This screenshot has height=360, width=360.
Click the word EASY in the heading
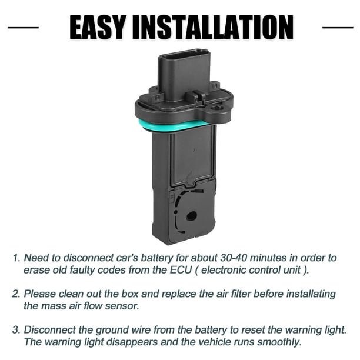[98, 27]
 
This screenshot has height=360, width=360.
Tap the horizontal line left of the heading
[23, 28]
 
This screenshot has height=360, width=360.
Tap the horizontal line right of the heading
[338, 28]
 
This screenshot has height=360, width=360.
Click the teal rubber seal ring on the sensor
[175, 125]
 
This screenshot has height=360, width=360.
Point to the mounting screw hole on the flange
[215, 108]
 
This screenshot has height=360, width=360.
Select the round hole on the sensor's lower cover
[191, 216]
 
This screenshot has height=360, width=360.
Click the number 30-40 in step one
[234, 258]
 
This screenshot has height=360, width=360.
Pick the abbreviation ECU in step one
[181, 270]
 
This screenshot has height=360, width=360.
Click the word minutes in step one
[268, 258]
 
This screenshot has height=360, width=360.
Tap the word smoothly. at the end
[279, 342]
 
